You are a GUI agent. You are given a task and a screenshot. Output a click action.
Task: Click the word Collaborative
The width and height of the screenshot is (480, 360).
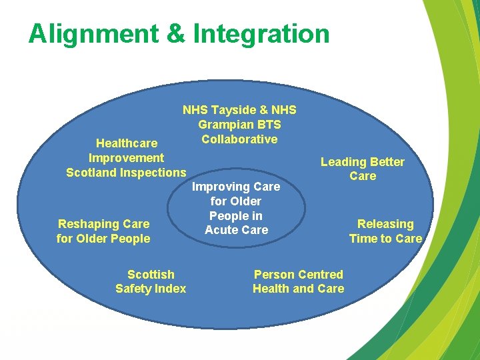click(x=239, y=139)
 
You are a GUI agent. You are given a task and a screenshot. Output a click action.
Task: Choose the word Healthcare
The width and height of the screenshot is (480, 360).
click(x=127, y=143)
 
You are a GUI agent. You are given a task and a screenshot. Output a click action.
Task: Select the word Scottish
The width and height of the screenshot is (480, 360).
click(x=151, y=275)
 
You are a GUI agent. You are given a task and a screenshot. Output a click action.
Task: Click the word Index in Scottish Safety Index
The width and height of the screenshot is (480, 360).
click(x=171, y=289)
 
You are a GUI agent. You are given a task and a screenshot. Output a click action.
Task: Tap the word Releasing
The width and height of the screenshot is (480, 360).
click(x=385, y=224)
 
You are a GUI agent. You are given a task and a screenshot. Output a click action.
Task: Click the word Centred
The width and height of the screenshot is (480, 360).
click(x=322, y=275)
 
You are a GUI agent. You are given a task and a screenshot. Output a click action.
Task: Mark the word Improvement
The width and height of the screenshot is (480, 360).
click(x=126, y=158)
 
